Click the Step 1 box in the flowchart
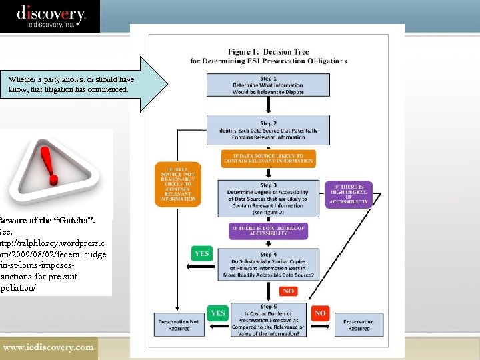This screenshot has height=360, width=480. pos(268,85)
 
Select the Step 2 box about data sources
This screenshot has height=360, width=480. pos(268,131)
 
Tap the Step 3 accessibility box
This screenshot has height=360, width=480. pos(268,198)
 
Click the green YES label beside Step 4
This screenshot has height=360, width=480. pos(202,254)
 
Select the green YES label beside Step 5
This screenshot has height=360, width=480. pos(218,313)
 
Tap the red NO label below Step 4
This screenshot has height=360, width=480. pos(289,291)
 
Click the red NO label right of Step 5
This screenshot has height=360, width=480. pos(320,313)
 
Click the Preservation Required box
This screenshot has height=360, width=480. pos(359,324)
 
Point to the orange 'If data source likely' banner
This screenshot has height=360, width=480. pos(268,159)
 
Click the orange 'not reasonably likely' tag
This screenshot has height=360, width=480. pos(178,183)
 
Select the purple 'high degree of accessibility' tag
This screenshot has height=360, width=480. pos(349,194)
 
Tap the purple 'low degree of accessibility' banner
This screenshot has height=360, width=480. pos(268,231)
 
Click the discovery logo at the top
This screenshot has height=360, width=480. pos(51,15)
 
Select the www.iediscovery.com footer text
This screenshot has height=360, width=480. pos(48,347)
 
